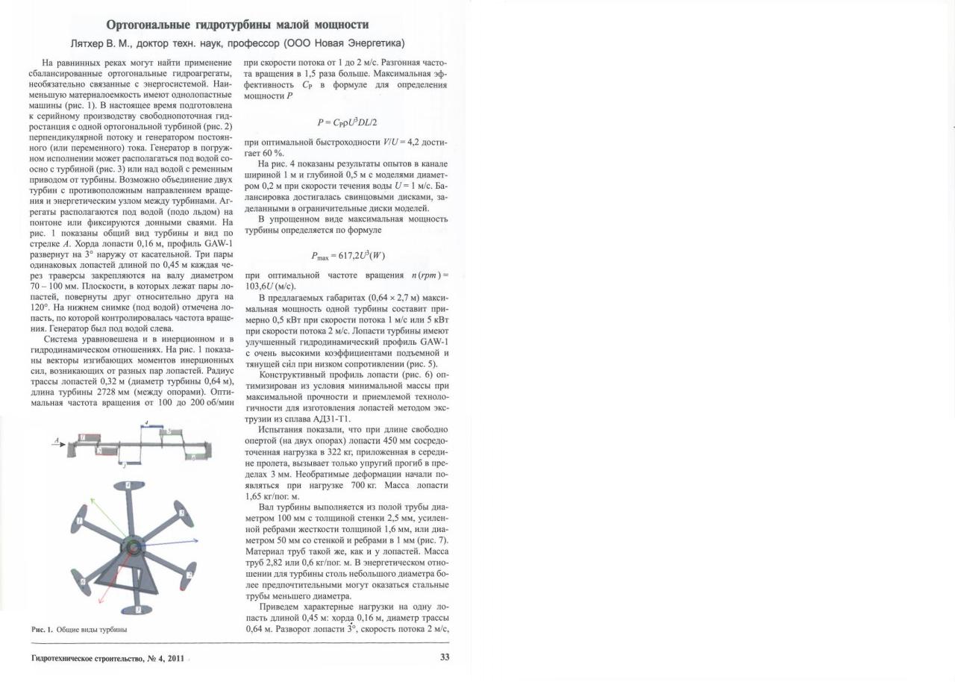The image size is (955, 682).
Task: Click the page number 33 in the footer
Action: click(445, 657)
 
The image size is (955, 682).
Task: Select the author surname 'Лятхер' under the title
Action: click(90, 43)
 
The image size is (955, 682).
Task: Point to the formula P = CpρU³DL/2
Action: click(351, 122)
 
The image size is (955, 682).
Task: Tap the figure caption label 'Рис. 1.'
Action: click(42, 629)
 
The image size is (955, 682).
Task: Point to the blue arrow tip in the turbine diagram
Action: click(195, 539)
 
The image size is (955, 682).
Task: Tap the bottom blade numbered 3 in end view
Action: click(137, 609)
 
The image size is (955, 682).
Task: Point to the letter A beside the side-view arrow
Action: click(54, 441)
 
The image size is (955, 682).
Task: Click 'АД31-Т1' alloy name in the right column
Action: click(315, 419)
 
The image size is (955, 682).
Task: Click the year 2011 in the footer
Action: click(175, 658)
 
